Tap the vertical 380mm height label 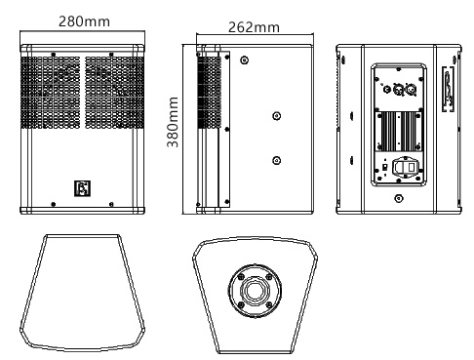pos(173,122)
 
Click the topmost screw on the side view pos(243,60)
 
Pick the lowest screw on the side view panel pos(277,160)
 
